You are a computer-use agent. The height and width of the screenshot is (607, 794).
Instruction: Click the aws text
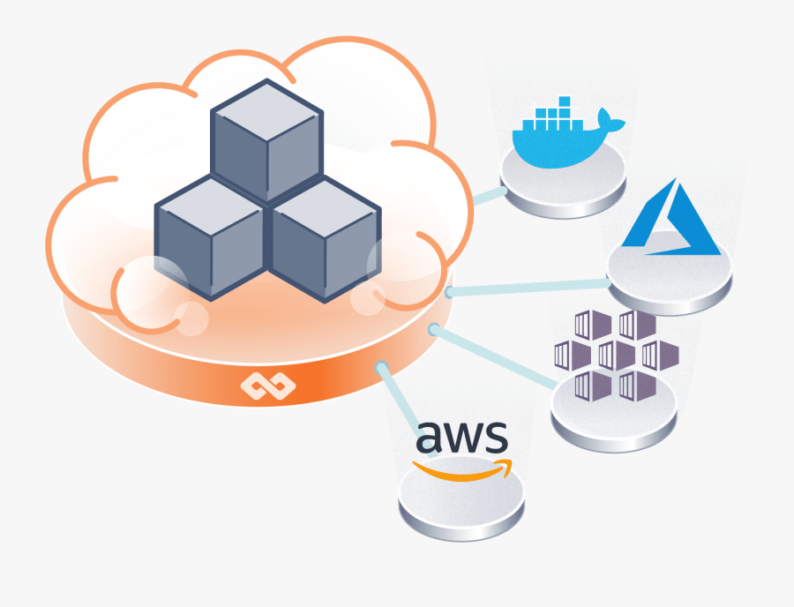pyautogui.click(x=461, y=437)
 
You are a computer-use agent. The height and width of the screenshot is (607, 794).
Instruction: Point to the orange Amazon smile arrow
pyautogui.click(x=462, y=471)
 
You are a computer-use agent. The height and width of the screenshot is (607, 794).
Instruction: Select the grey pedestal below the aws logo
pyautogui.click(x=461, y=504)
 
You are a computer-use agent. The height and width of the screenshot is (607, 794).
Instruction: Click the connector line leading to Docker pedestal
pyautogui.click(x=486, y=195)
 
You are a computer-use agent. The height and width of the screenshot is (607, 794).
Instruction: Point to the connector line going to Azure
pyautogui.click(x=529, y=287)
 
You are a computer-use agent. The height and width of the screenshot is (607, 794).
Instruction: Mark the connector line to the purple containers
pyautogui.click(x=494, y=357)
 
